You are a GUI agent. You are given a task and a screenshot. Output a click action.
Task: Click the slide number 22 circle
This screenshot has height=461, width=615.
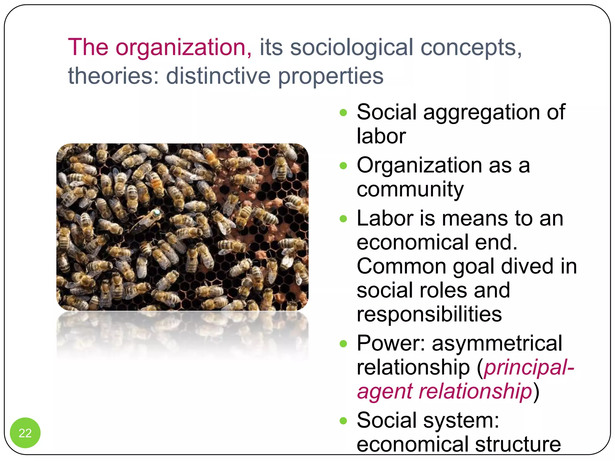(x=25, y=432)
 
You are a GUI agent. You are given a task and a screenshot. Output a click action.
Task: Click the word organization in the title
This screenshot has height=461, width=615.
(x=183, y=47)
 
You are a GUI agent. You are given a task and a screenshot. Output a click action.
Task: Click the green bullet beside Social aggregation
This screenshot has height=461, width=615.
(x=343, y=113)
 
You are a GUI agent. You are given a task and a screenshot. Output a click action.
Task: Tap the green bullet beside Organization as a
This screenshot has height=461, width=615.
(x=343, y=166)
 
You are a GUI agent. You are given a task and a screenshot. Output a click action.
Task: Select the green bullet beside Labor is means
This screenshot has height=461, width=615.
(x=343, y=219)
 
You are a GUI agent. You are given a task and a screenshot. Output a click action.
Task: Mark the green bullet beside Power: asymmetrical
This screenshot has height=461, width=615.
(x=343, y=344)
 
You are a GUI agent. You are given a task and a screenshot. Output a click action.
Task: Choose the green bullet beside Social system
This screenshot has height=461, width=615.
(x=343, y=421)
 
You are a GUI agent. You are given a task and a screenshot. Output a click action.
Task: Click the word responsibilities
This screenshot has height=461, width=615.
(x=429, y=315)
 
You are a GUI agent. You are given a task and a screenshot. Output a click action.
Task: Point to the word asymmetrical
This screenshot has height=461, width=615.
(x=497, y=343)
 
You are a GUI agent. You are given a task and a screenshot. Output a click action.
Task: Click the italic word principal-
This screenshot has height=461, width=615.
(x=529, y=368)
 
